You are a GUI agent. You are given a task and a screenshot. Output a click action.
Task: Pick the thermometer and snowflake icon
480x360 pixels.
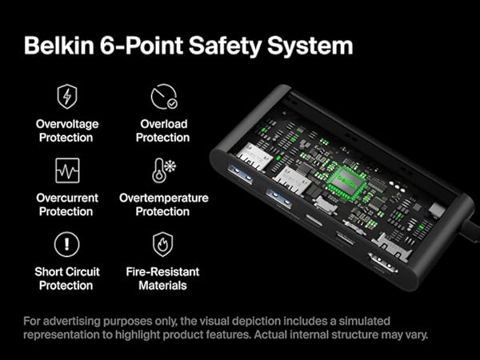coord(163,170)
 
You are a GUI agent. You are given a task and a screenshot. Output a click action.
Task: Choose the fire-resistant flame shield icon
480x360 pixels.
coord(163,243)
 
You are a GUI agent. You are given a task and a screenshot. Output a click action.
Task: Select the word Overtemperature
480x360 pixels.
coord(163,198)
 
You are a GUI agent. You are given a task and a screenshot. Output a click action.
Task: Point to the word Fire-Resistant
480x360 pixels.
coord(163,271)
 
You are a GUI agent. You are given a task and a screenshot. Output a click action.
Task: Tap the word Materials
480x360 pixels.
coord(163,285)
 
